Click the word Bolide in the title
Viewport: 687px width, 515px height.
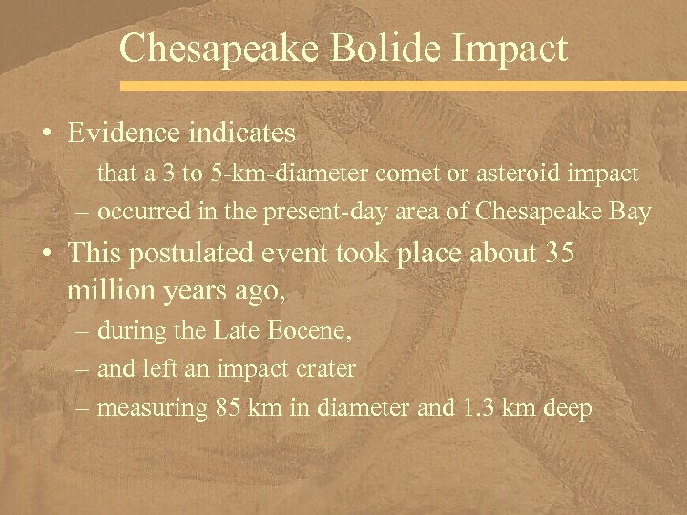[374, 48]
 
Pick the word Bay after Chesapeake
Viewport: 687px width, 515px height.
[631, 212]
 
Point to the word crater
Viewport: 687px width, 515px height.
[326, 369]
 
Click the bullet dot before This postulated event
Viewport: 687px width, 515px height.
[47, 255]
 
